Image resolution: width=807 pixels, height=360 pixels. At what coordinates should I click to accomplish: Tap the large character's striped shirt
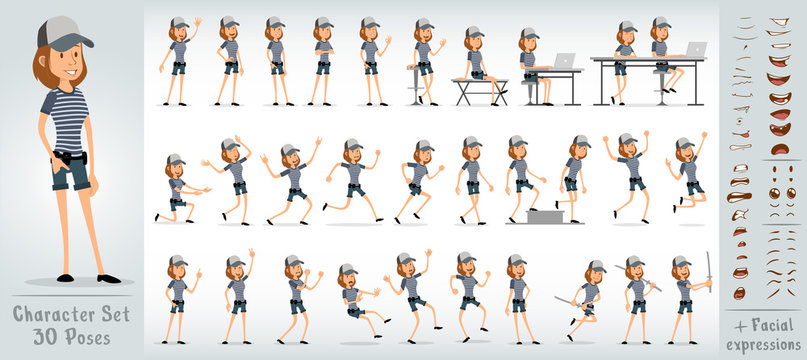(x=68, y=118)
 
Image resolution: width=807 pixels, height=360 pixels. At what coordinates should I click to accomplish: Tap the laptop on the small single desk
(x=563, y=61)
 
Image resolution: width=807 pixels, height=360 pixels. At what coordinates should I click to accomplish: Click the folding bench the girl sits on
(x=479, y=89)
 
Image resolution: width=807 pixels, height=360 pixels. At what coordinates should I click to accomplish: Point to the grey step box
(x=546, y=214)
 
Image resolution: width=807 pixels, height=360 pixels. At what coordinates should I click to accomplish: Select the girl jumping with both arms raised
(x=629, y=175)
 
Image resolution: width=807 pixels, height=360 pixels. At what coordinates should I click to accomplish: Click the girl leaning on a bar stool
(x=424, y=60)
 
